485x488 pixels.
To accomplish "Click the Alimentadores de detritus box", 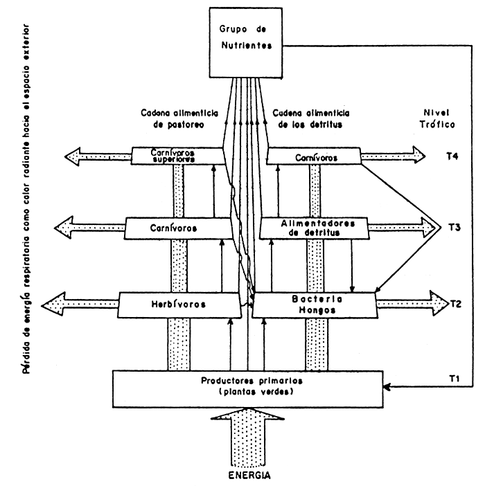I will click(x=315, y=227).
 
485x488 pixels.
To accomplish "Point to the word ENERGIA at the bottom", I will click(x=247, y=476).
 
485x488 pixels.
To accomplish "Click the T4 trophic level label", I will click(x=454, y=156).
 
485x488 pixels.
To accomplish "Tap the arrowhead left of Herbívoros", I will click(x=54, y=304).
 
